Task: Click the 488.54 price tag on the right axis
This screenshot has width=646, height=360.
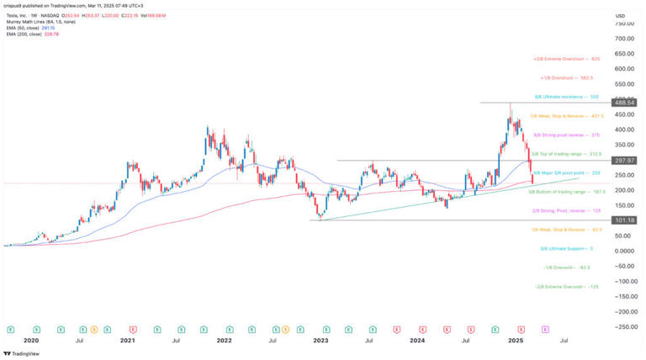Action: pos(623,103)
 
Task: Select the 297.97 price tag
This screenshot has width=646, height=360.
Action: pos(623,161)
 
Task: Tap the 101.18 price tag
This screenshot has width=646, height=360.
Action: pos(623,220)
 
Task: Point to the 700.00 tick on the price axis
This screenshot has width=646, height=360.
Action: pos(623,39)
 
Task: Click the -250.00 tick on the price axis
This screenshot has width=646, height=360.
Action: pos(623,326)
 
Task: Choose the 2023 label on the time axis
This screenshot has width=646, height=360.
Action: pos(321,341)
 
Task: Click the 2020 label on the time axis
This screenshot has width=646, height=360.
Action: pos(31,341)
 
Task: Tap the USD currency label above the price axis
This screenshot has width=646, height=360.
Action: pos(620,16)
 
